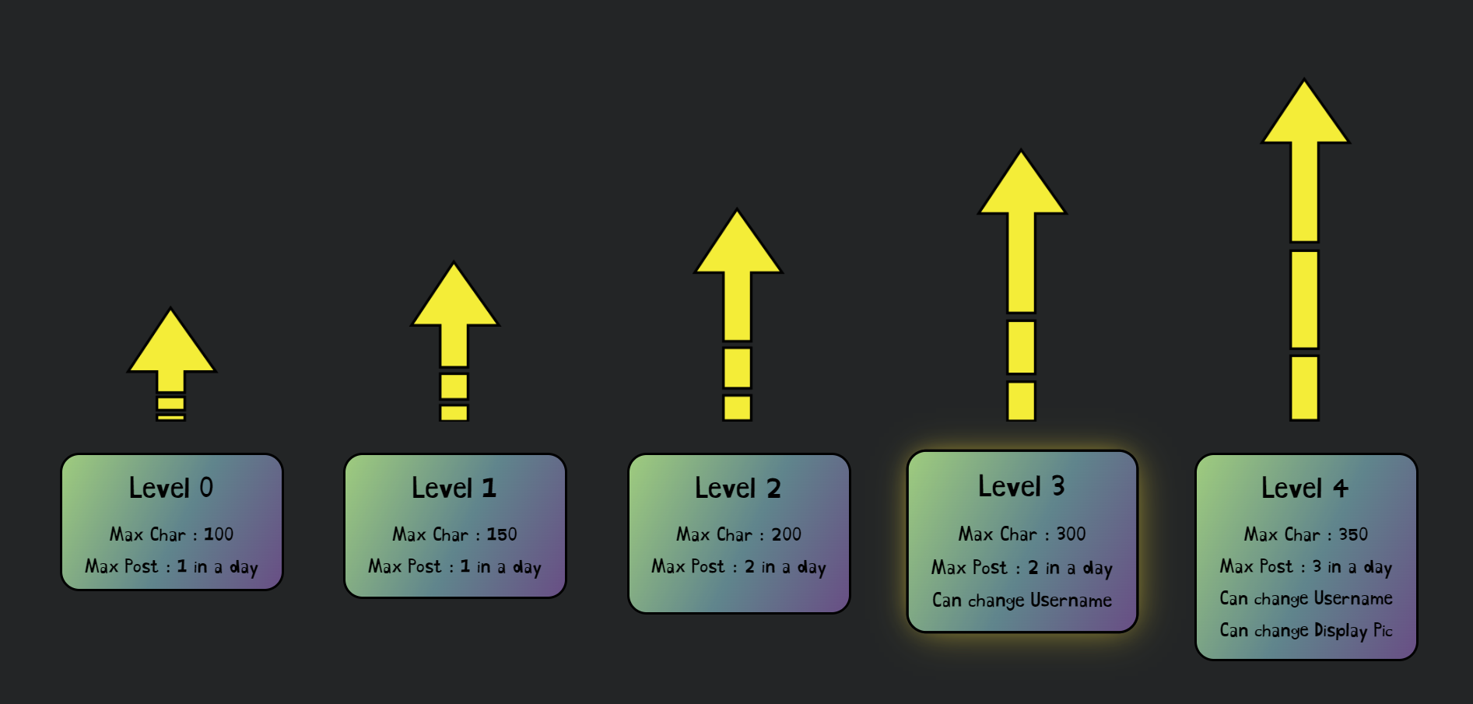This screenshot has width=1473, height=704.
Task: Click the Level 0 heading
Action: (171, 488)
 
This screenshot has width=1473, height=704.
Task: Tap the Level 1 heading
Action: (454, 488)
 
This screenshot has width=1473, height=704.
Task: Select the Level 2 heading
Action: (738, 488)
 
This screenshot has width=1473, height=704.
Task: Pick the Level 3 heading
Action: (1021, 486)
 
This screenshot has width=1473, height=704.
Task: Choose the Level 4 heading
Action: (1305, 488)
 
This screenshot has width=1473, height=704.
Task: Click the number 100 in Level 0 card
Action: (219, 534)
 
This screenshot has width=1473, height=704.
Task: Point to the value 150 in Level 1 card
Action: (502, 534)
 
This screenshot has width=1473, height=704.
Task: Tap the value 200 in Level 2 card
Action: (786, 534)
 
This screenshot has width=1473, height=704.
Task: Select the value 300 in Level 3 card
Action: (1071, 534)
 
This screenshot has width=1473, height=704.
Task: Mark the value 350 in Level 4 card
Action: (1353, 534)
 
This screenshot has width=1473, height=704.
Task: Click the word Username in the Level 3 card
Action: (1071, 601)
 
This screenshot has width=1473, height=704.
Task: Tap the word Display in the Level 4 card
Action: (1340, 630)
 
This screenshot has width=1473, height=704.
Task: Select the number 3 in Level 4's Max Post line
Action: (1317, 566)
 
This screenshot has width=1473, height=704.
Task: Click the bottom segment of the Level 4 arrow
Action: (1305, 387)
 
